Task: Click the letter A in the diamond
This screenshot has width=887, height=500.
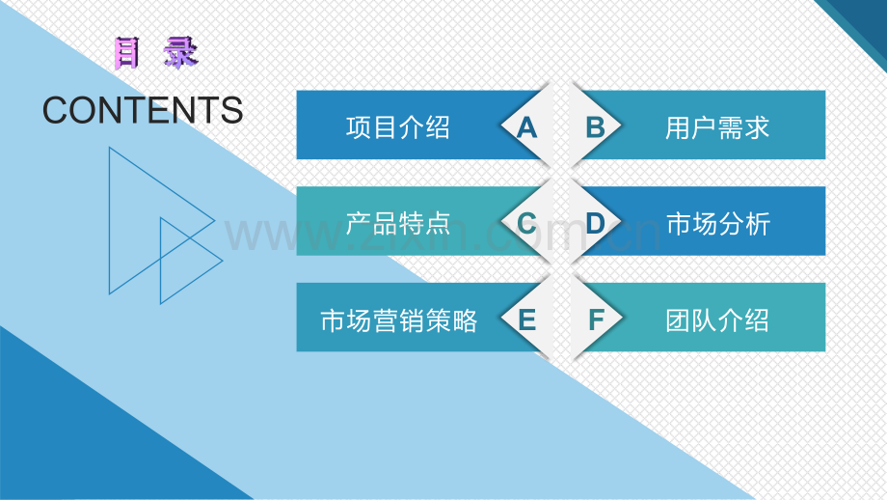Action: [526, 126]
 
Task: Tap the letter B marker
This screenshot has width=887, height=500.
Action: [596, 126]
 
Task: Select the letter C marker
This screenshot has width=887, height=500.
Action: [526, 223]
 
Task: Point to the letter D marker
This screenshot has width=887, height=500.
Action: [596, 223]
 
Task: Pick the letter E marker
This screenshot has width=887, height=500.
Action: [526, 319]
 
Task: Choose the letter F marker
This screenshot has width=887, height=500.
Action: [596, 319]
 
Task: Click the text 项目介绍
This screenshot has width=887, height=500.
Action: [398, 126]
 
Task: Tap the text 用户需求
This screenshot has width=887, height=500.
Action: [718, 126]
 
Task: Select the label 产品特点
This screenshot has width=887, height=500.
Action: [398, 223]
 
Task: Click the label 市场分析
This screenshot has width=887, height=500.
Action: [718, 223]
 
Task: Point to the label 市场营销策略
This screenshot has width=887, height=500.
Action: [398, 319]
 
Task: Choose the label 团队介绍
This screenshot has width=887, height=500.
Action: [718, 319]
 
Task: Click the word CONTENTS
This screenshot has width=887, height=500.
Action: [143, 111]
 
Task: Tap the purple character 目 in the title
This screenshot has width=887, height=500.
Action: [126, 52]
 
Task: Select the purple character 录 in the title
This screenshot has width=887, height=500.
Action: [180, 52]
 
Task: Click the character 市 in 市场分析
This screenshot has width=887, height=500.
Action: [680, 223]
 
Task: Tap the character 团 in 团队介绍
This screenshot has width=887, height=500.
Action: [680, 319]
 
